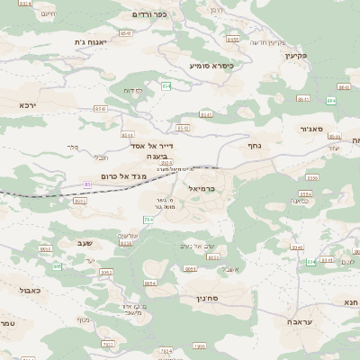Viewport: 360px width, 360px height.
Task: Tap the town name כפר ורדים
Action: coord(155,14)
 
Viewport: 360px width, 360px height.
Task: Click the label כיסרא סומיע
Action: coord(211,66)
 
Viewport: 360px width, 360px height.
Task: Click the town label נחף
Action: coord(254,144)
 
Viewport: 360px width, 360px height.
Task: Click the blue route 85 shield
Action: coord(87,184)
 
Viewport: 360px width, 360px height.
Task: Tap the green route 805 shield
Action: coord(57,266)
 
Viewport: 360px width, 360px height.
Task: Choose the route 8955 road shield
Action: coord(233,39)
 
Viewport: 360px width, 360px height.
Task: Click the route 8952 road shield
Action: coord(106,272)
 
